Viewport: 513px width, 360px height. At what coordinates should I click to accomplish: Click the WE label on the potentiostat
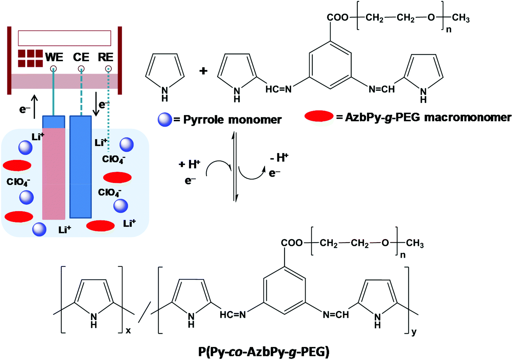click(54, 57)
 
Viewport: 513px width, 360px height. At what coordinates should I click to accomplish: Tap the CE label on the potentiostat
click(81, 57)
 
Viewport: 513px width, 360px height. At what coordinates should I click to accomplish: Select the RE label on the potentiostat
click(106, 57)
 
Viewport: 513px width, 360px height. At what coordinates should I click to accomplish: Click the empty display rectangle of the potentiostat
click(64, 38)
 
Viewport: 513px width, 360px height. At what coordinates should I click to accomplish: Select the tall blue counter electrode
click(80, 167)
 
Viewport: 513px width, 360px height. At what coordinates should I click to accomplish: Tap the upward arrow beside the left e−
click(34, 107)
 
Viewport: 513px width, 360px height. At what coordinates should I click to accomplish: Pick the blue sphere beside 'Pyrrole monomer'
click(165, 120)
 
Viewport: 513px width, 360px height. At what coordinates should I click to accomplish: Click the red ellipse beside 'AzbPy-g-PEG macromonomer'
click(319, 116)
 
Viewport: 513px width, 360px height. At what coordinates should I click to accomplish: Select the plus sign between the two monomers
click(203, 71)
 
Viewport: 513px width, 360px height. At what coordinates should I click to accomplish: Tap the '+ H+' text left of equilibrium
click(189, 164)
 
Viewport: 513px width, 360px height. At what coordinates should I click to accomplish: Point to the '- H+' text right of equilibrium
click(279, 158)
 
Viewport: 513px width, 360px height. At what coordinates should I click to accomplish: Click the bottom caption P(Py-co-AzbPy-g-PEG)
click(264, 351)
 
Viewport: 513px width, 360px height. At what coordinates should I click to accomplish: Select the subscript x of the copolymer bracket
click(128, 330)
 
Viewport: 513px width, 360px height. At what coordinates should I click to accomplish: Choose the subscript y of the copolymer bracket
click(414, 332)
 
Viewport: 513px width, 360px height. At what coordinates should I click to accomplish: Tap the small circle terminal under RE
click(108, 68)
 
